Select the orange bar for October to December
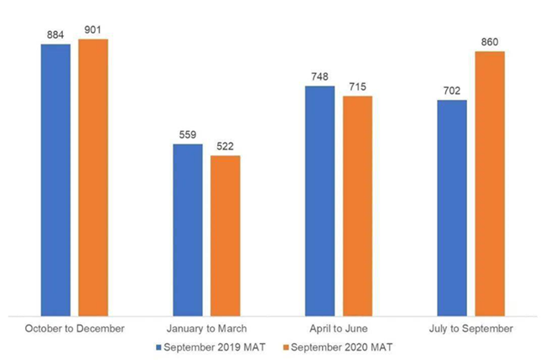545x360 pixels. point(93,175)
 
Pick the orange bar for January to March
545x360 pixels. point(226,234)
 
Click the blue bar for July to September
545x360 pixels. point(452,206)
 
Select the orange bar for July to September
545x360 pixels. point(490,181)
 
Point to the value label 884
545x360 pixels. point(55,36)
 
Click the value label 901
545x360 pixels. point(93,31)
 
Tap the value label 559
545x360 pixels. point(188,135)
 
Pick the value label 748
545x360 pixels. point(319,77)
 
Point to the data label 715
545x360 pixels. point(357,87)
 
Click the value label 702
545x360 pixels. point(452,91)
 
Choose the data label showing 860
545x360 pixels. point(490,43)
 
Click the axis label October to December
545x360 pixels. point(75,327)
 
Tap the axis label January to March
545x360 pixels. point(206,327)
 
